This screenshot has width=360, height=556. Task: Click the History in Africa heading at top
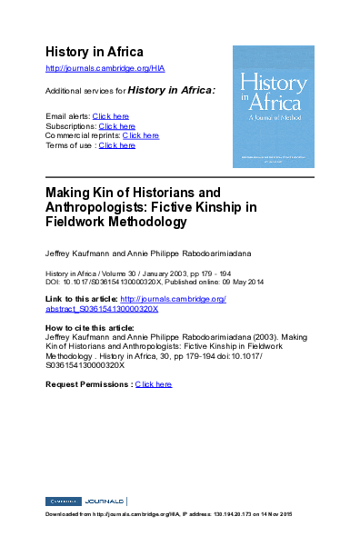click(x=95, y=50)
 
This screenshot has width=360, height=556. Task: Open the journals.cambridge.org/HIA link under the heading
click(x=105, y=68)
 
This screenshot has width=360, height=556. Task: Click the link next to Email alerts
click(x=111, y=116)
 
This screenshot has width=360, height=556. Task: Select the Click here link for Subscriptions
click(x=117, y=126)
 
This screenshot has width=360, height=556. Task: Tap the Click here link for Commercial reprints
click(x=140, y=135)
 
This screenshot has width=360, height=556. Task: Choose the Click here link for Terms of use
click(x=117, y=145)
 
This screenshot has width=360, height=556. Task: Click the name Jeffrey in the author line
click(x=59, y=250)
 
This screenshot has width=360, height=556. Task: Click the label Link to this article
click(x=81, y=298)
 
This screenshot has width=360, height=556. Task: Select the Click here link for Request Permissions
click(x=153, y=384)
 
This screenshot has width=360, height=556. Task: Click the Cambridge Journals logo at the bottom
click(x=85, y=501)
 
